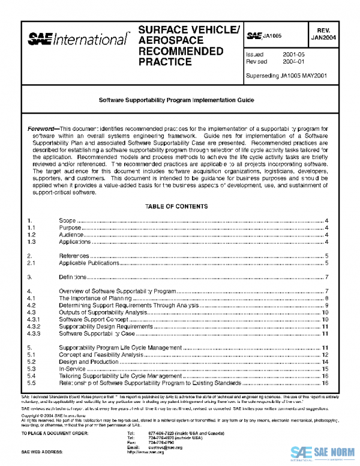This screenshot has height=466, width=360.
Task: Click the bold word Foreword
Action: [43, 130]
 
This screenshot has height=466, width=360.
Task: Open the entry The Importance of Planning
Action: [95, 298]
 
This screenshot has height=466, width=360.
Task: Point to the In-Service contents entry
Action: [73, 369]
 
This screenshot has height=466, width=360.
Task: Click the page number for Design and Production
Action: [324, 362]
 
